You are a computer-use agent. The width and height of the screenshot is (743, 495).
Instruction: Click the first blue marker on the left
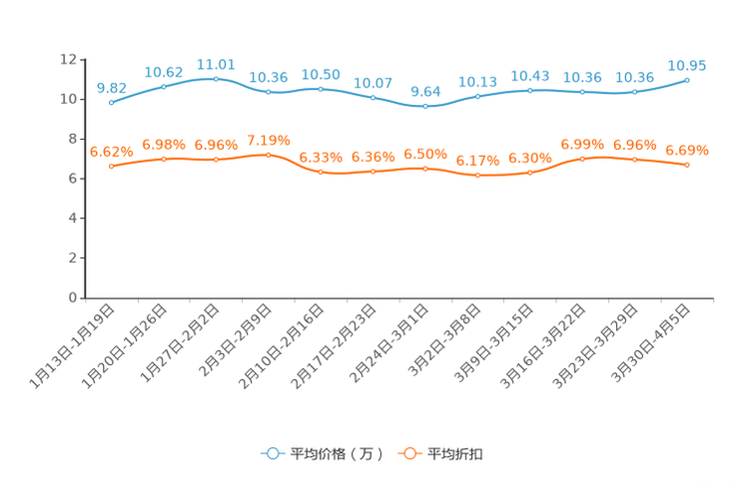coord(111,102)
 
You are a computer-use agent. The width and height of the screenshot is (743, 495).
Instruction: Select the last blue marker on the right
coord(687,80)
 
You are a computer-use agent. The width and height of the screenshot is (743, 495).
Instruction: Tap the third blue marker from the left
coord(216,78)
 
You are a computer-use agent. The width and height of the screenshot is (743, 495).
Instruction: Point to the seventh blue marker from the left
coord(425,105)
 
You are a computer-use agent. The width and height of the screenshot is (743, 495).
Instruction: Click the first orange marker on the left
coord(111,166)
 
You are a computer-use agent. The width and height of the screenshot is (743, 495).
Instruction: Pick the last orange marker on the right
coord(687,165)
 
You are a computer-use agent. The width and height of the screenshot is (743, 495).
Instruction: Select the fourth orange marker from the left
coord(268,155)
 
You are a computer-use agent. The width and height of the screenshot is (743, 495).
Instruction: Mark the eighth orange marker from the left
coord(478,176)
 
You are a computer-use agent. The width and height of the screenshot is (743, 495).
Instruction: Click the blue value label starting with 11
coord(216,64)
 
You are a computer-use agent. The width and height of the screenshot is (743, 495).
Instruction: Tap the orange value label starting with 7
coord(268,140)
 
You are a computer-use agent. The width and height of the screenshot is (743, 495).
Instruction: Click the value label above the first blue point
coord(111,87)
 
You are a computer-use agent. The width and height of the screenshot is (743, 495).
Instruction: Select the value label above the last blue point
coord(687,65)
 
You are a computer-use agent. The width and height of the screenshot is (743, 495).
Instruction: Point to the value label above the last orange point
coord(687,151)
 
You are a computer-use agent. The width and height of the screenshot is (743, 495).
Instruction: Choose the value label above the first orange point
coord(111,152)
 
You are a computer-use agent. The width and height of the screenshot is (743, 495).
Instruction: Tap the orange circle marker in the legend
coord(409,453)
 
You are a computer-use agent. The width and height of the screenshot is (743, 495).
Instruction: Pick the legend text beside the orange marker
coord(456,454)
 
